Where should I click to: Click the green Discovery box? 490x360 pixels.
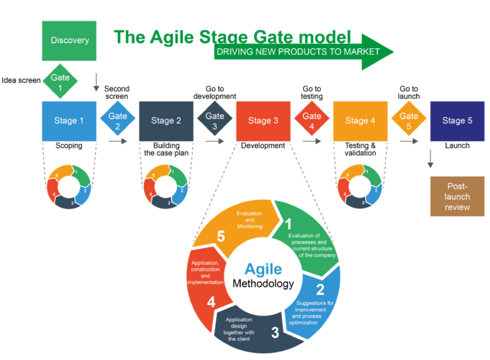[69, 40]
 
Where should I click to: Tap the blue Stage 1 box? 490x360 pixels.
[69, 121]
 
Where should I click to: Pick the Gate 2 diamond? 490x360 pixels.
[117, 121]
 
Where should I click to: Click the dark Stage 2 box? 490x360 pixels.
[166, 121]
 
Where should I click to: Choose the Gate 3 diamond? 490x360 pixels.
[214, 121]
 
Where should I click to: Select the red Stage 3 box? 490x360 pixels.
[263, 121]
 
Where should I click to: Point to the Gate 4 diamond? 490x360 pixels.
[312, 121]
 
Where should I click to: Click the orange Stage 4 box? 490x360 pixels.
[360, 121]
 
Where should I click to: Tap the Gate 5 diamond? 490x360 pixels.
[408, 121]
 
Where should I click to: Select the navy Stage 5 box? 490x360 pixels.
[457, 121]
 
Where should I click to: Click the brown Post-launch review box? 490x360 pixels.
[457, 196]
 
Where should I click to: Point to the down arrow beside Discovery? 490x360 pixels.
[96, 82]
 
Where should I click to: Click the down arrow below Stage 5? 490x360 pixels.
[430, 159]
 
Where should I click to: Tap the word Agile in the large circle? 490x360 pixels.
[263, 270]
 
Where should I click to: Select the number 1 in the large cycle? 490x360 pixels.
[289, 224]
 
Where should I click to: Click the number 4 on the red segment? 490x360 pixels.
[211, 302]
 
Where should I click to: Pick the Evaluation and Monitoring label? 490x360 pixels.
[250, 219]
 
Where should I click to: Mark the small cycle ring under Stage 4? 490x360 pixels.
[360, 186]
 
